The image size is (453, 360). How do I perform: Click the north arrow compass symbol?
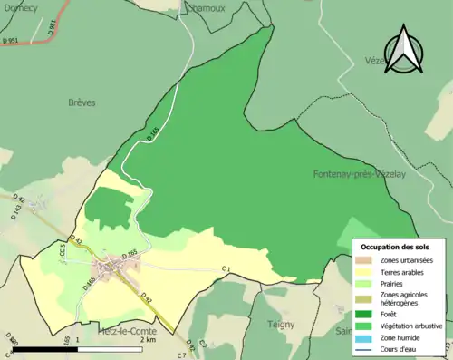404,51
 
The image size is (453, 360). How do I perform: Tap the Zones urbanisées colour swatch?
366,261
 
